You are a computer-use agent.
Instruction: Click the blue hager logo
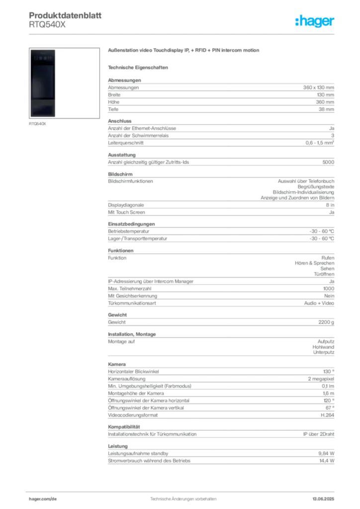point(316,22)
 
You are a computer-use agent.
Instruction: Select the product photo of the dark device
point(44,83)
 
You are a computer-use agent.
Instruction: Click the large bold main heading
point(184,51)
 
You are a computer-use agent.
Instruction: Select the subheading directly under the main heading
point(139,67)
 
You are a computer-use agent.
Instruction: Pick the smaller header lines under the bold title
point(47,26)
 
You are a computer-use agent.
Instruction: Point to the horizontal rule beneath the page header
point(183,34)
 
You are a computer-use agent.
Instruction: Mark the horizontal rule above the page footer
point(183,490)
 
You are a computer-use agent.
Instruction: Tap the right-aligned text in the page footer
point(326,497)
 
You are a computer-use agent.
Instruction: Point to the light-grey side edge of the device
point(59,83)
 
